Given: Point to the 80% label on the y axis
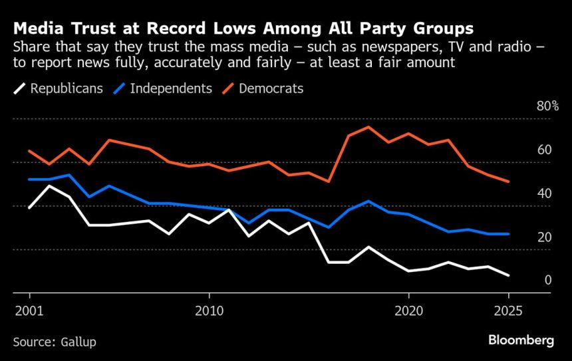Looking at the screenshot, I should (x=547, y=106).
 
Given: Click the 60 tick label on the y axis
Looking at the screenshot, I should (x=545, y=150).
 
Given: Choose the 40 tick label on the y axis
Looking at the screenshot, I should (x=545, y=193).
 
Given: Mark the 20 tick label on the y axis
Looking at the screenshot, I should (x=545, y=237).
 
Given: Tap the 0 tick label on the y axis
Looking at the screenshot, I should (x=548, y=281).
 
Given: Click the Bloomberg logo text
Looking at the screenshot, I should (x=521, y=340).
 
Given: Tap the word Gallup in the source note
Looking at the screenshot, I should (x=79, y=342).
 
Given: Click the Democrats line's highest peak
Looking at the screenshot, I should (x=368, y=127).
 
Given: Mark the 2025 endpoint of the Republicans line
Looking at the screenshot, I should (x=509, y=275).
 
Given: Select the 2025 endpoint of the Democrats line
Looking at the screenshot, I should (x=509, y=181).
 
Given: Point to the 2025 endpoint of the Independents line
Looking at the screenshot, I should (x=509, y=234).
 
